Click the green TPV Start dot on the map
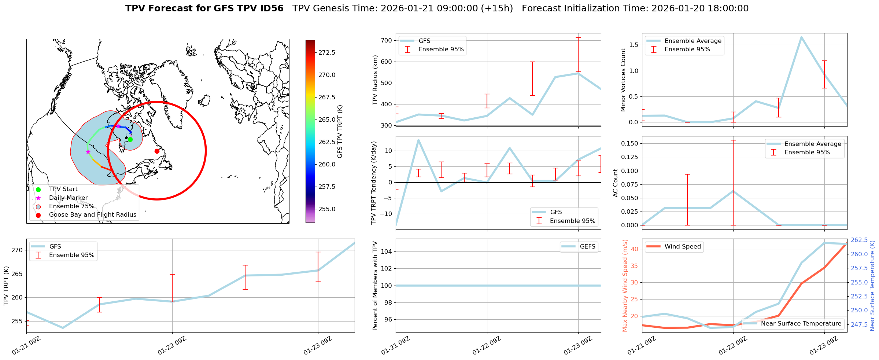[x=130, y=139]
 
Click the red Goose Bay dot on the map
[x=157, y=151]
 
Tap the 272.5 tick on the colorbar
[x=327, y=52]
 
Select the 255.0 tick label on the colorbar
[x=327, y=209]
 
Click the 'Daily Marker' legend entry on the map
[x=68, y=198]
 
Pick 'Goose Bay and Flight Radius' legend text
[x=92, y=215]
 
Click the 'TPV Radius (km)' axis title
[x=375, y=80]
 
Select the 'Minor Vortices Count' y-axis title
[x=623, y=80]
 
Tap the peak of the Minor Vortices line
[x=801, y=37]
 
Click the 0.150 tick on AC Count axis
[x=630, y=143]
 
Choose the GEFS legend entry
[x=587, y=247]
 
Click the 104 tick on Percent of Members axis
[x=388, y=251]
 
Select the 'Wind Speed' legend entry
[x=682, y=247]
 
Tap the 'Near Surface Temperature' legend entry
[x=801, y=324]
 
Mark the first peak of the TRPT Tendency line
[x=418, y=140]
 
